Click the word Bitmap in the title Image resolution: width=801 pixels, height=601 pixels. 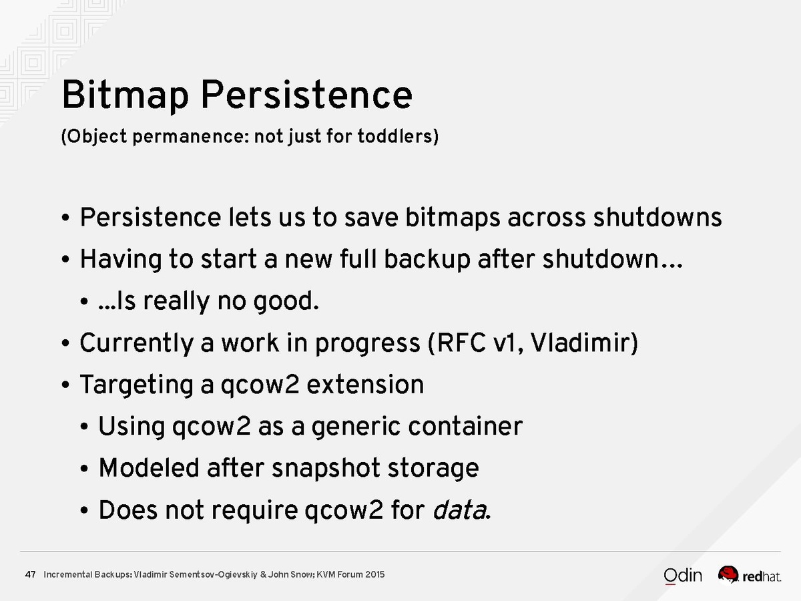pos(125,95)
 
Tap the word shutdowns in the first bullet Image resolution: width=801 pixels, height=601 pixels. pos(657,218)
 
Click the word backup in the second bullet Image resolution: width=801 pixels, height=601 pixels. pos(427,260)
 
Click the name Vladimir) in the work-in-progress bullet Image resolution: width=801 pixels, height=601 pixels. pos(584,343)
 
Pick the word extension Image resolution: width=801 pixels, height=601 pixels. pos(365,385)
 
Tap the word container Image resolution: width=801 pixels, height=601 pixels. pos(465,426)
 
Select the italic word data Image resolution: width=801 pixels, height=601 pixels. pos(459,510)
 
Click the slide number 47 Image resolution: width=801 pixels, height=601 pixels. pos(30,575)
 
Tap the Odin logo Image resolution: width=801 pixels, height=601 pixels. pos(683,576)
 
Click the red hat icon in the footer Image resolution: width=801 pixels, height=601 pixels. pos(728,574)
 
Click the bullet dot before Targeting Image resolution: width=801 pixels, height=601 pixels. pos(65,385)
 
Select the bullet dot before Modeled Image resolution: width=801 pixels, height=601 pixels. pos(84,469)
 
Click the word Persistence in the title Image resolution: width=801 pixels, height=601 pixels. pos(306,95)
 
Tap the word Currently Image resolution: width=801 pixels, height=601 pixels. pos(136,343)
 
